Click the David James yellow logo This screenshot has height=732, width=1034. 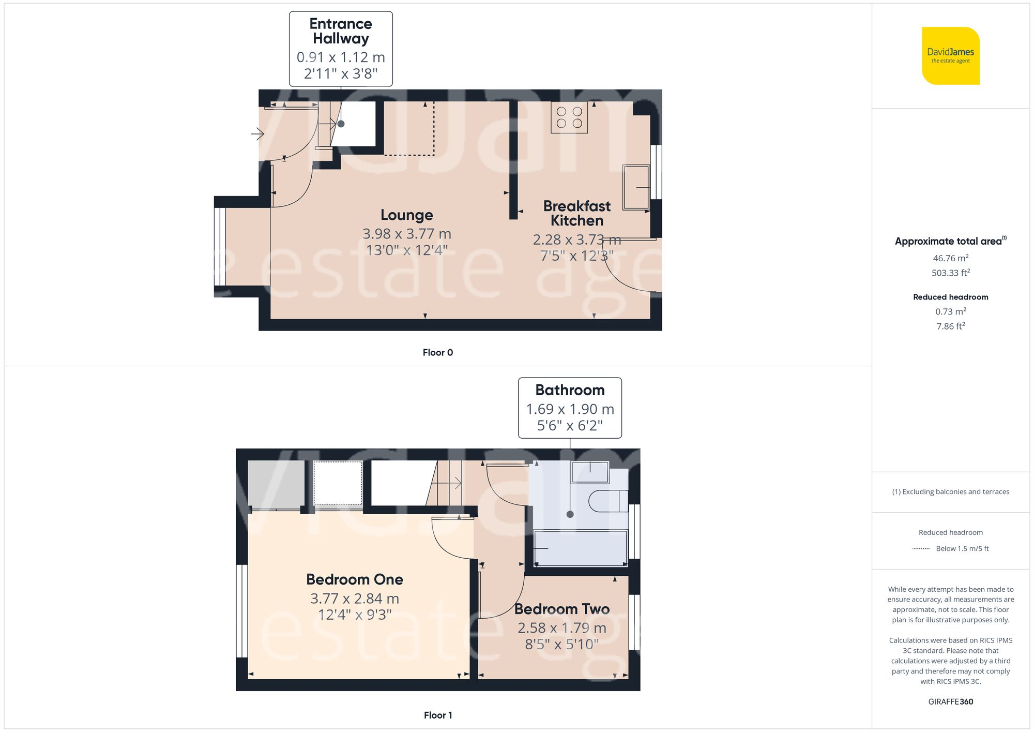coord(950,56)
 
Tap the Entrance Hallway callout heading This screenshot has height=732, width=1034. coord(341,31)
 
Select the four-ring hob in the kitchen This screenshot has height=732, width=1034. coord(569,117)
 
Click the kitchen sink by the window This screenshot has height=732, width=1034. coord(636,187)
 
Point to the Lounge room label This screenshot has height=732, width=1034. coord(407,215)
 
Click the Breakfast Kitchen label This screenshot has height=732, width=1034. coord(577,213)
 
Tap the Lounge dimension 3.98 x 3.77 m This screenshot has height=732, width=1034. coord(407,234)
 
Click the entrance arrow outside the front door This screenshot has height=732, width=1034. coord(257,134)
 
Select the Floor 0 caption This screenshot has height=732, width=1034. coord(437,353)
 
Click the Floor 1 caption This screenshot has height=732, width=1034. coord(437,715)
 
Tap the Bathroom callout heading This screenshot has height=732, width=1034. coord(570,390)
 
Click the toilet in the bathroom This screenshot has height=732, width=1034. coord(605,501)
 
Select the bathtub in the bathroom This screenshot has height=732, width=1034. coord(581,548)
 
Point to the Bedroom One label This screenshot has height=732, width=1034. coord(355,579)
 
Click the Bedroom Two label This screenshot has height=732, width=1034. coord(562,609)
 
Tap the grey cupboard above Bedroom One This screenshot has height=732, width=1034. coord(276,484)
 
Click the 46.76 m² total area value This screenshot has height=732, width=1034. coord(950,258)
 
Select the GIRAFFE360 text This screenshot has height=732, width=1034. coord(950,702)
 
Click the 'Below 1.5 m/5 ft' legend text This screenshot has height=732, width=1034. coord(962,549)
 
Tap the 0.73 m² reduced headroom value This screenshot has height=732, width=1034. coord(950,311)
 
